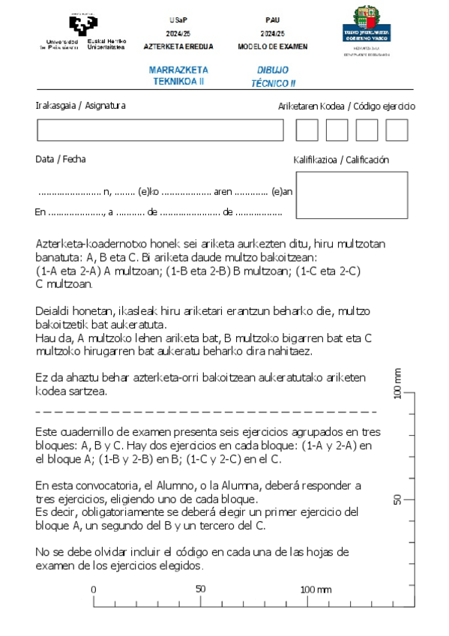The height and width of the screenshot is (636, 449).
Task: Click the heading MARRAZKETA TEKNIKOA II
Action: point(178,75)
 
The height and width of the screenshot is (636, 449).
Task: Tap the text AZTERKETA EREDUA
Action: point(178,46)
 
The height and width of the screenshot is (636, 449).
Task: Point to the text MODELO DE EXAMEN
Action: point(273,46)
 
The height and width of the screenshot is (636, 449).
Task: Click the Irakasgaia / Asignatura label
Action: point(80,106)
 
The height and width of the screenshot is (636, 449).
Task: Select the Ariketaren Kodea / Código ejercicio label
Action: point(346,106)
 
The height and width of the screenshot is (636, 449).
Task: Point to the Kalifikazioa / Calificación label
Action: point(341,160)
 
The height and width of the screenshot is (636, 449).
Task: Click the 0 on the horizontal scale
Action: point(94,589)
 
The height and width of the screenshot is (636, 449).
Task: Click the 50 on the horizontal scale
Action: point(200,589)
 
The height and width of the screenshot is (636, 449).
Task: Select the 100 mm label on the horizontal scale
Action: point(316,589)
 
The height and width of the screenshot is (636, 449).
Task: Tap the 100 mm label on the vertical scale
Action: point(398,384)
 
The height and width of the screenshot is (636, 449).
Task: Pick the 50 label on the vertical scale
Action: point(398,499)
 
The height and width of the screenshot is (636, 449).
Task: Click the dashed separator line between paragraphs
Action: point(206,412)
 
